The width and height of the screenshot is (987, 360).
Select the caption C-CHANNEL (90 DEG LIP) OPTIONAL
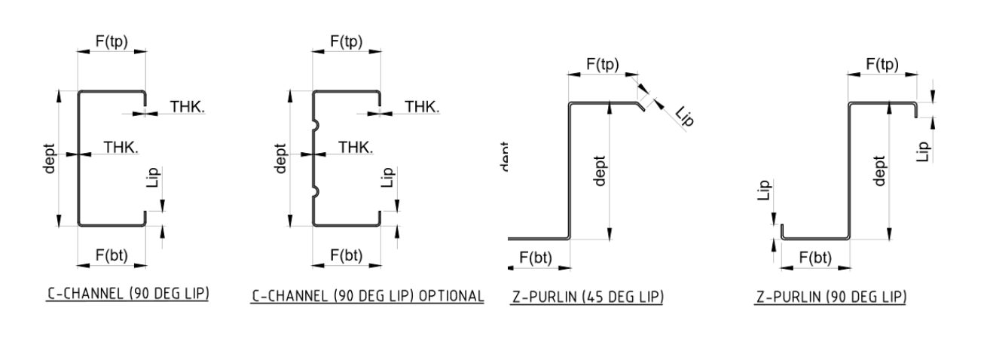tap(367, 296)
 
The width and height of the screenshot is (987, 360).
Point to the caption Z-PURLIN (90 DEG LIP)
tap(831, 297)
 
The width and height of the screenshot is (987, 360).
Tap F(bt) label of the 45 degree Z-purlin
tap(536, 258)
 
